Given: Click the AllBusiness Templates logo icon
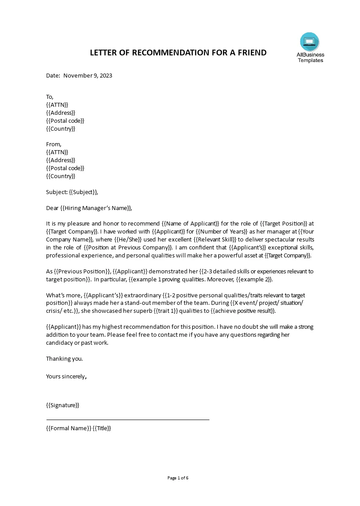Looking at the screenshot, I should coord(309,42).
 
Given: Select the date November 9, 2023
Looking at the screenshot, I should coord(88,75).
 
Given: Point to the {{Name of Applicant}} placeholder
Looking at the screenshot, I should coord(191,223).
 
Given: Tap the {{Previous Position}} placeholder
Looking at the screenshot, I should coord(82,271).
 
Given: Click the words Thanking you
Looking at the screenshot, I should coord(65,358).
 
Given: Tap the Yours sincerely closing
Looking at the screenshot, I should coord(66,376).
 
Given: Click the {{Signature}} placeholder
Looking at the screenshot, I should coord(62,405).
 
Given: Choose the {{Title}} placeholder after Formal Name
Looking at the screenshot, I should coord(102,428).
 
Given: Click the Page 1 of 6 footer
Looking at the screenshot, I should coord(178,478).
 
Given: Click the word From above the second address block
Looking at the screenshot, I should coord(54,144).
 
